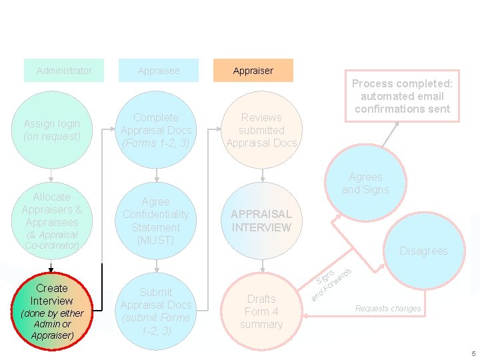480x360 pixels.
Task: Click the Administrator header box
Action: click(64, 71)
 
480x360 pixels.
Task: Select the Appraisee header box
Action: click(159, 71)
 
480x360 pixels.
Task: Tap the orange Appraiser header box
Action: click(253, 71)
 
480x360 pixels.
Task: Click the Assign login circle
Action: click(51, 130)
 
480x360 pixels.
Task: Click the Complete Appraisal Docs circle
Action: click(156, 130)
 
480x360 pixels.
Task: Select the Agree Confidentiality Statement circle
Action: click(156, 221)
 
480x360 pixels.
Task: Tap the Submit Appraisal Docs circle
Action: click(156, 311)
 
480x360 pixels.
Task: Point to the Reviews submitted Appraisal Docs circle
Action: click(261, 130)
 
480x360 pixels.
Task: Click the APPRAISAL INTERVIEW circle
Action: click(261, 221)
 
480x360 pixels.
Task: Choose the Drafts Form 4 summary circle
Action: click(261, 311)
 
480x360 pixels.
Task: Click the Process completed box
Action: click(402, 96)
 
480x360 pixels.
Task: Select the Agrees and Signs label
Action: click(365, 183)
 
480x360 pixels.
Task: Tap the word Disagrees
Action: click(423, 251)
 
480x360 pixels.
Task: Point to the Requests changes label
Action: click(388, 309)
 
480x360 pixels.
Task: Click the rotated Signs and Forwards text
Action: click(331, 282)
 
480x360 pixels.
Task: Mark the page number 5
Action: click(473, 353)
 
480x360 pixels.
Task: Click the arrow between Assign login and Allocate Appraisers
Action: click(51, 174)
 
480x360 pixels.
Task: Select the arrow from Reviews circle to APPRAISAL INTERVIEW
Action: click(261, 175)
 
